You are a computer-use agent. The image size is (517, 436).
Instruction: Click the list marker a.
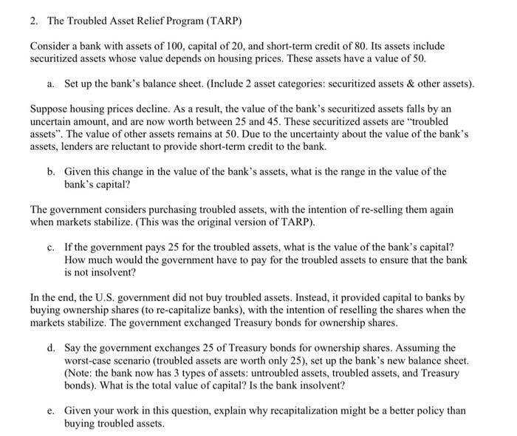(51, 85)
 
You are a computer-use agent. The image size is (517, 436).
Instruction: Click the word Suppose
(48, 108)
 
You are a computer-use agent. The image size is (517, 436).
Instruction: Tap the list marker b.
(51, 171)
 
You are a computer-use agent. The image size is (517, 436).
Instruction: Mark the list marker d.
(51, 347)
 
